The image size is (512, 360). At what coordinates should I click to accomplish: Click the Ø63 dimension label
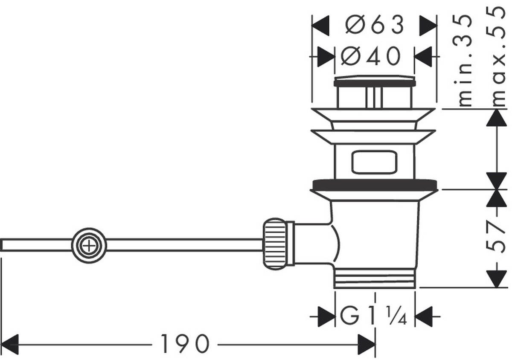(374, 26)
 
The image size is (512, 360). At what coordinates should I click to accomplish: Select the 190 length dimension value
(185, 344)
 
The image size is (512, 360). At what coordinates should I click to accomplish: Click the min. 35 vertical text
(465, 60)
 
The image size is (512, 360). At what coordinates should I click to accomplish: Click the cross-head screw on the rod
(89, 246)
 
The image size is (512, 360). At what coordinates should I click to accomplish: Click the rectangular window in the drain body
(374, 162)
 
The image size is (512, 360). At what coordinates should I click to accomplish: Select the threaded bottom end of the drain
(375, 278)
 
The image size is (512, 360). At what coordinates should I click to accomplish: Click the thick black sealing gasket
(375, 185)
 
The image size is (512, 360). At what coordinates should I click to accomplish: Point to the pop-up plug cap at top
(375, 81)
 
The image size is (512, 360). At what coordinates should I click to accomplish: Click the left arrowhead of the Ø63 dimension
(321, 26)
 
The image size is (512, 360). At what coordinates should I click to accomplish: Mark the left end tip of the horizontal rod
(2, 245)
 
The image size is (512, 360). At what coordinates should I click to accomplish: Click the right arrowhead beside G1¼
(424, 316)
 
